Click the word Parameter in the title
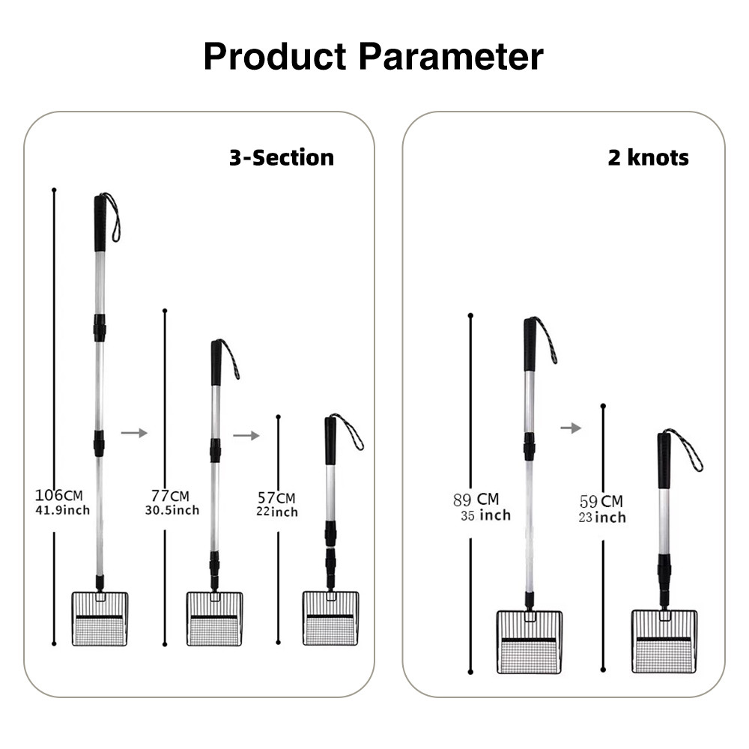[x=451, y=56]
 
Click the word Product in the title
[x=275, y=56]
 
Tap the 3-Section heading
[x=282, y=157]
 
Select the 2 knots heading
[x=648, y=157]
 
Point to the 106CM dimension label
[x=58, y=495]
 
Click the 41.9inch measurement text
[x=63, y=510]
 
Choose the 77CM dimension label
[x=170, y=496]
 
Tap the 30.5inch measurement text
[x=172, y=510]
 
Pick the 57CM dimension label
[x=276, y=498]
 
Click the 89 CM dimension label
[x=476, y=500]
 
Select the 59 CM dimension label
[x=601, y=501]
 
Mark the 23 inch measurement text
[x=602, y=518]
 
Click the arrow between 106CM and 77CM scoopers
[x=134, y=433]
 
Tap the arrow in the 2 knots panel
[x=571, y=428]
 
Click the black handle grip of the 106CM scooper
[x=100, y=223]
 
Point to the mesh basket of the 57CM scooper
[x=330, y=619]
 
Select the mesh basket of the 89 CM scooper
[x=530, y=642]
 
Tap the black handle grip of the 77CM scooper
[x=216, y=363]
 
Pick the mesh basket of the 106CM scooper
[x=100, y=619]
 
